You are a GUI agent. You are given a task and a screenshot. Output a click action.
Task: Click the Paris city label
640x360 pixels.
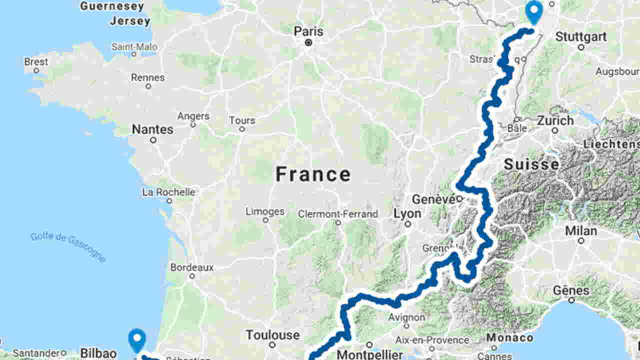pyautogui.click(x=308, y=31)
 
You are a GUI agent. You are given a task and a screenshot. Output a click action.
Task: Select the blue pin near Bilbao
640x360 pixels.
pyautogui.click(x=136, y=340)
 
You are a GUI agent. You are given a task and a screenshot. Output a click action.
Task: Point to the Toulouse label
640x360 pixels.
pyautogui.click(x=272, y=334)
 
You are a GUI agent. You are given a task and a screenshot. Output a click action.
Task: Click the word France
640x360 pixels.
pyautogui.click(x=313, y=174)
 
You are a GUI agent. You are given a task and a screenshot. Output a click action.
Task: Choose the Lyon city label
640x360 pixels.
pyautogui.click(x=407, y=213)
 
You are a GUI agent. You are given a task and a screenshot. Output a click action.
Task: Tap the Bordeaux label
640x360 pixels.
pyautogui.click(x=191, y=267)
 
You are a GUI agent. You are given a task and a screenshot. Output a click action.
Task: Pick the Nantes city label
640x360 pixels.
pyautogui.click(x=152, y=129)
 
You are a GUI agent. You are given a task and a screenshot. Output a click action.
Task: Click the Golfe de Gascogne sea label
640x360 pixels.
pyautogui.click(x=68, y=246)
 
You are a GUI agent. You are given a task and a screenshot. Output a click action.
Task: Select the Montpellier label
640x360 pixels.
pyautogui.click(x=369, y=354)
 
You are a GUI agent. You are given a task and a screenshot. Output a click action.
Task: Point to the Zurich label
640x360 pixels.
pyautogui.click(x=555, y=120)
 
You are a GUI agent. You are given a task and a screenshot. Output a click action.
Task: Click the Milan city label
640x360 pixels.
pyautogui.click(x=581, y=231)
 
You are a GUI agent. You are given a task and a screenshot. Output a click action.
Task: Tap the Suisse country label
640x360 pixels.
pyautogui.click(x=531, y=164)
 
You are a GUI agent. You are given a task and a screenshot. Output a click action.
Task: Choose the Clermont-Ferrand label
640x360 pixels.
pyautogui.click(x=338, y=214)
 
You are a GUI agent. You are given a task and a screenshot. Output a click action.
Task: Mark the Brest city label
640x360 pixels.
pyautogui.click(x=36, y=62)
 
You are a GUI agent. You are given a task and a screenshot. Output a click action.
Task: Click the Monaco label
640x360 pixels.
pyautogui.click(x=510, y=337)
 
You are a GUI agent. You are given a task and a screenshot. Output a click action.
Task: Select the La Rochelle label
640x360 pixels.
pyautogui.click(x=168, y=192)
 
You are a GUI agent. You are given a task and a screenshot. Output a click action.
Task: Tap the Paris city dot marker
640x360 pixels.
pyautogui.click(x=308, y=43)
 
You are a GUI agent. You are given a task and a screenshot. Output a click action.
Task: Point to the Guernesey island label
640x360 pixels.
pyautogui.click(x=112, y=6)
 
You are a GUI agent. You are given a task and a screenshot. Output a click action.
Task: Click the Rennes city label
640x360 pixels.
pyautogui.click(x=147, y=77)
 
